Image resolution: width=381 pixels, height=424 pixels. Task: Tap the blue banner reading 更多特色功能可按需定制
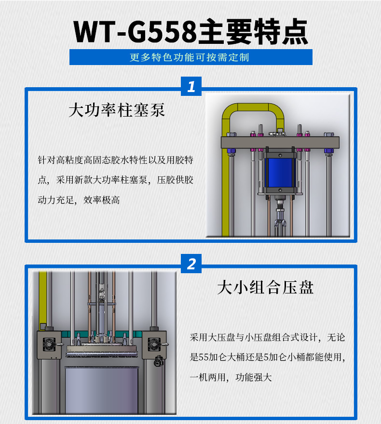pyautogui.click(x=191, y=57)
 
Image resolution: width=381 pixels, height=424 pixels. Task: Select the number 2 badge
pyautogui.click(x=191, y=264)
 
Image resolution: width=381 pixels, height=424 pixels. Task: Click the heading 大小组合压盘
pyautogui.click(x=265, y=288)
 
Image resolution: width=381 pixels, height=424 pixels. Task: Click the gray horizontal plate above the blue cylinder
pyautogui.click(x=280, y=142)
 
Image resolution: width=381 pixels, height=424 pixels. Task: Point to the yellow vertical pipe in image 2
pyautogui.click(x=43, y=299)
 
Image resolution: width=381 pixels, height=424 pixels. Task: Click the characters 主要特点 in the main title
pyautogui.click(x=253, y=32)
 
